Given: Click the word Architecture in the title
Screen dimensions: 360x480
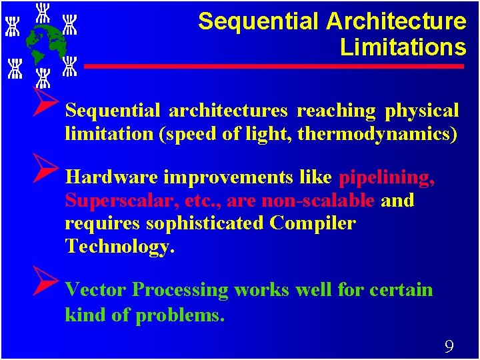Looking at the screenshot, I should [x=396, y=21].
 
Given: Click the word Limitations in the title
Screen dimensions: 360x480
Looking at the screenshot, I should [x=403, y=47].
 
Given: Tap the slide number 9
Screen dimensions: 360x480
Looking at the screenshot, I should [x=449, y=346].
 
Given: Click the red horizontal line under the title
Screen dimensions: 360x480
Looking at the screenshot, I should [x=273, y=67].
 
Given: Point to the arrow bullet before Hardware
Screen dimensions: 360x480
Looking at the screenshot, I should [x=49, y=172].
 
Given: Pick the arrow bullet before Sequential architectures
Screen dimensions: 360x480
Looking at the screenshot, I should [x=49, y=105].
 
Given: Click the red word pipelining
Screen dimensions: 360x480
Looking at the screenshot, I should [x=387, y=177].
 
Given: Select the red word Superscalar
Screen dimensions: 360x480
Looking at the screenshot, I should [x=107, y=201].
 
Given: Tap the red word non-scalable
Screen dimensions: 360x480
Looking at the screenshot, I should [x=318, y=201].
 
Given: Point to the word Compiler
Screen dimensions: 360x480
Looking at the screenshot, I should [x=313, y=223].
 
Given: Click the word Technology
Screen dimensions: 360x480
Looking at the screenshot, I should [x=119, y=247].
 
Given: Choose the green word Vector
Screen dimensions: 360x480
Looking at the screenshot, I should [x=96, y=290].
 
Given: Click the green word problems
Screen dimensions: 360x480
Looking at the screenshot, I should [x=179, y=315].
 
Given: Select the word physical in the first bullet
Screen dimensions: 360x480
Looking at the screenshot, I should [x=422, y=111].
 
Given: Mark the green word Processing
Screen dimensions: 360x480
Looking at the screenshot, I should [x=180, y=290].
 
